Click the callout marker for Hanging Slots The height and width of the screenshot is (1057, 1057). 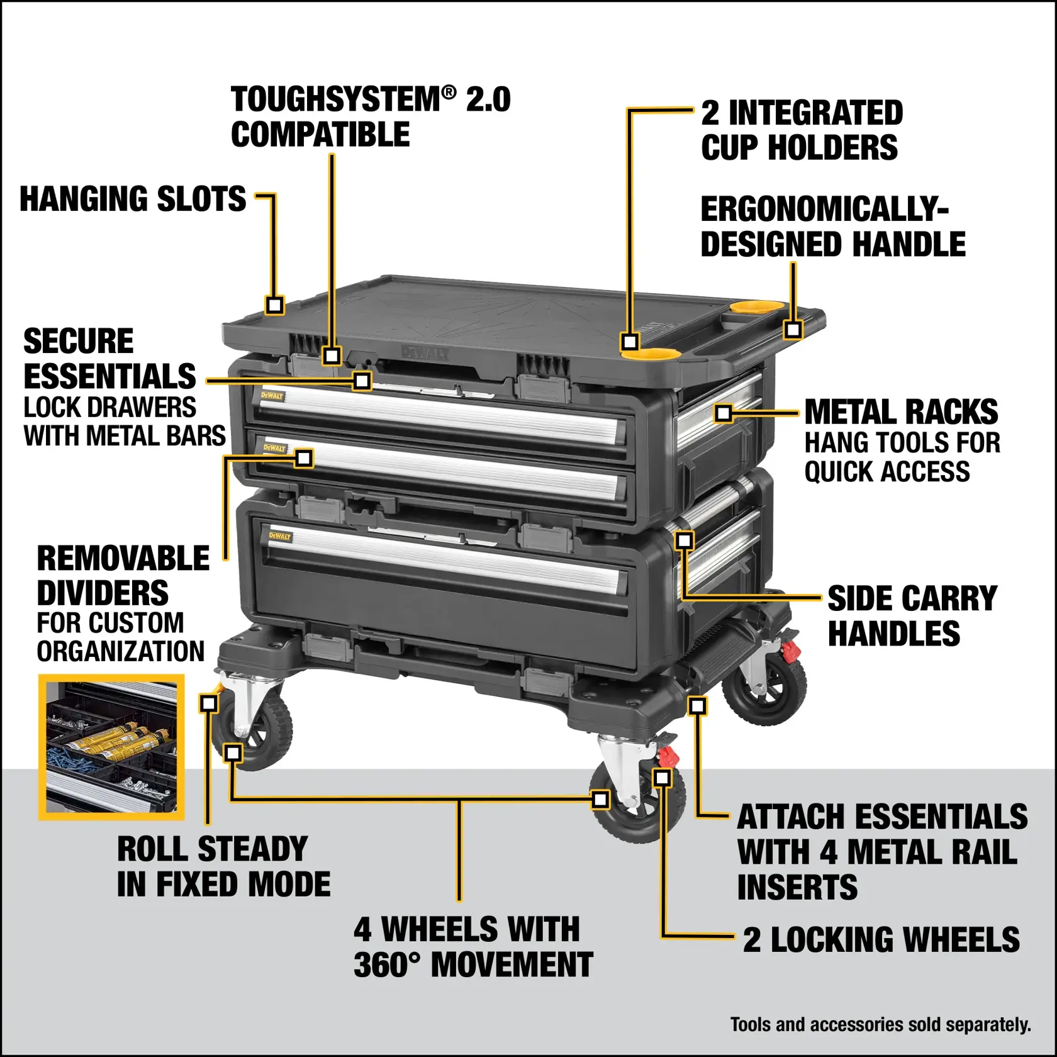tap(274, 305)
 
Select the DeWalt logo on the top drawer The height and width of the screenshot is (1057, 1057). tap(272, 396)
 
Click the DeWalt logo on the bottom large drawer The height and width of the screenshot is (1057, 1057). tap(280, 536)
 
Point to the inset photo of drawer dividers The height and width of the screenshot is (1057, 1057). tap(111, 747)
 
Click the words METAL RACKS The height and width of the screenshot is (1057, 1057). tap(901, 413)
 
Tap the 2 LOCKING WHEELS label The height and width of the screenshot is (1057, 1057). tap(881, 940)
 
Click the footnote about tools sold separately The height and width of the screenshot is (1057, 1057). tap(880, 1025)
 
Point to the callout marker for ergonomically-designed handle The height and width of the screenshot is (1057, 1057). tap(793, 329)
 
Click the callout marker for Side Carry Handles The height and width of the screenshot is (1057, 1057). tap(684, 540)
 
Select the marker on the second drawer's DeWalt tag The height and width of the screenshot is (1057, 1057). tap(304, 457)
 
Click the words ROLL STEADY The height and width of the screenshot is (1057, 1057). tap(212, 849)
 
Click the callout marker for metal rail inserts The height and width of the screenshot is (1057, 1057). tap(696, 705)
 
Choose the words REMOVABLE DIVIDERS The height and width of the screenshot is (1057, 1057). tap(123, 576)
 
